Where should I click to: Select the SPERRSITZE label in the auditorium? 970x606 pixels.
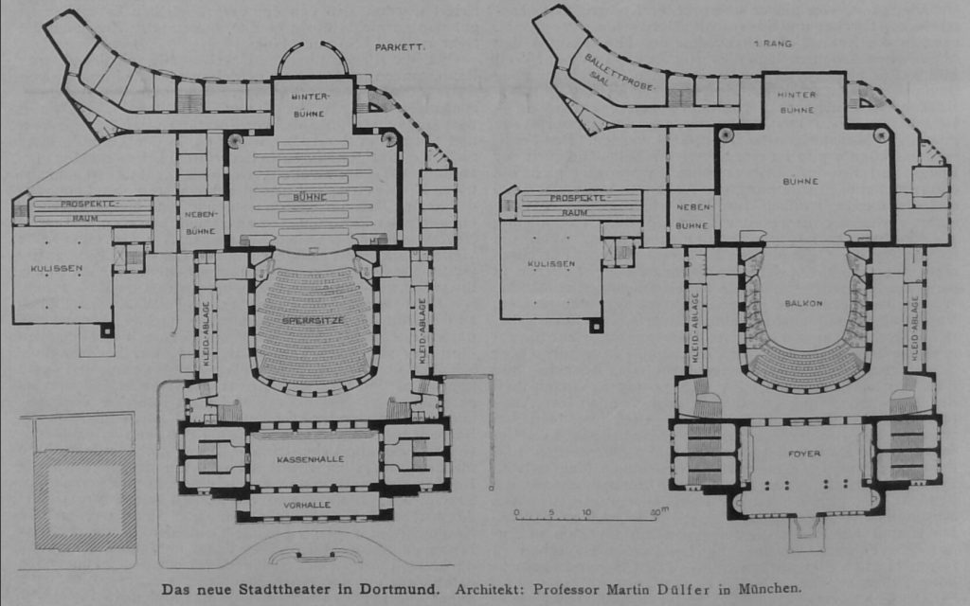coord(314,321)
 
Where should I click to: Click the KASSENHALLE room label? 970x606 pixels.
coord(311,459)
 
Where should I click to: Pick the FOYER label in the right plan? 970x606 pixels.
coord(804,454)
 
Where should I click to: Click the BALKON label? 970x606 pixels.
coord(802,304)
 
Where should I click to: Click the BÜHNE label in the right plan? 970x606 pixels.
coord(801,180)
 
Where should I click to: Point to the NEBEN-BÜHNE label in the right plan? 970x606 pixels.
coord(693,218)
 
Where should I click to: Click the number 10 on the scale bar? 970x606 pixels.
coord(586,512)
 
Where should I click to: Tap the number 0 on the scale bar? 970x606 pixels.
coord(517,512)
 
